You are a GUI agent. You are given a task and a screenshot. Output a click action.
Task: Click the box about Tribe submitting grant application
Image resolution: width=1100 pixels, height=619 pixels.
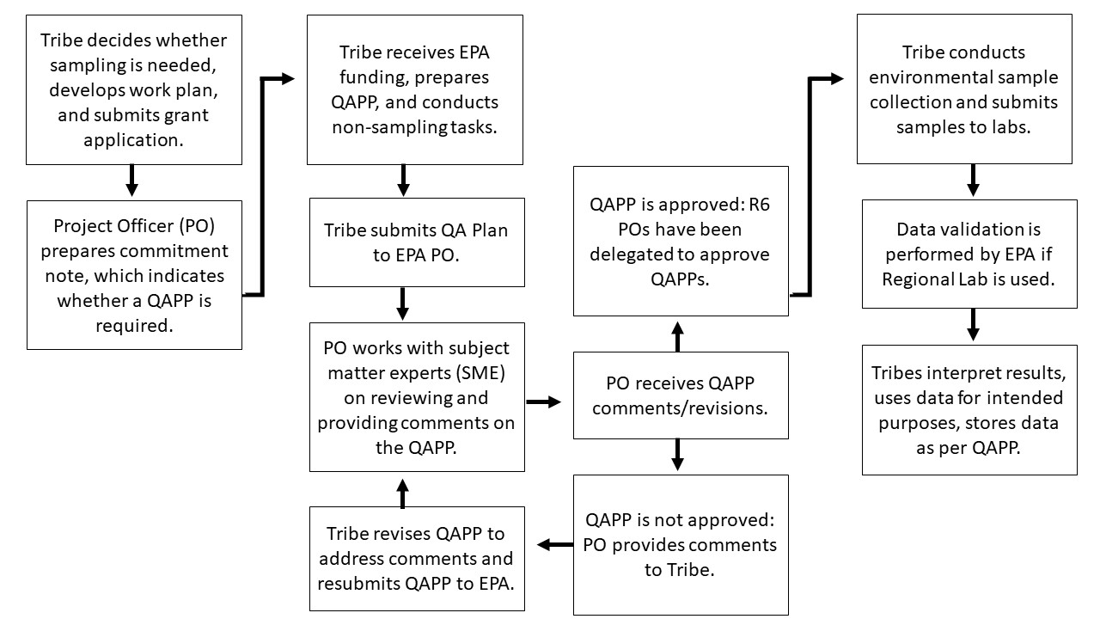(133, 89)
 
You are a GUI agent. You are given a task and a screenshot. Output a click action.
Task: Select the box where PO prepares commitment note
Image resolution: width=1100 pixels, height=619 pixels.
(133, 275)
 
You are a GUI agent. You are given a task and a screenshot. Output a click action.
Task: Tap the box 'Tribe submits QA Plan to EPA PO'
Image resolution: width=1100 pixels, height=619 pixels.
(417, 242)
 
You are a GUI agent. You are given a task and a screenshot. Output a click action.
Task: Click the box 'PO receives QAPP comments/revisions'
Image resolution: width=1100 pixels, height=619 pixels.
(681, 395)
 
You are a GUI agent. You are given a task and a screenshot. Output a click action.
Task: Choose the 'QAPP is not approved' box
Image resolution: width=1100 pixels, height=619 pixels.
(681, 545)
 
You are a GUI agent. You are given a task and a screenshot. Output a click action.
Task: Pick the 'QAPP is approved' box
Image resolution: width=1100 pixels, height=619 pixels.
(681, 242)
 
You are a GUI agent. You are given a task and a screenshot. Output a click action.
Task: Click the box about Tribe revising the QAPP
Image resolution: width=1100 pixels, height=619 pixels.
(417, 559)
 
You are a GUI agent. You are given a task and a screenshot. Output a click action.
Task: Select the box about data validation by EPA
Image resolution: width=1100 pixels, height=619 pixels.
(969, 254)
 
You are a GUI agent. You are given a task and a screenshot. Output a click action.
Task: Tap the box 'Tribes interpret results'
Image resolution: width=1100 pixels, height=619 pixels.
(969, 410)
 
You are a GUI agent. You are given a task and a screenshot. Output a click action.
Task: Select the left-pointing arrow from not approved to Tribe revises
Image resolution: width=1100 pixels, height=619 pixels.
(554, 544)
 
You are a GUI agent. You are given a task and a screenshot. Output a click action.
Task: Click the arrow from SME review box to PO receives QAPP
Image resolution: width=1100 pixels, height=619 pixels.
(542, 401)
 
